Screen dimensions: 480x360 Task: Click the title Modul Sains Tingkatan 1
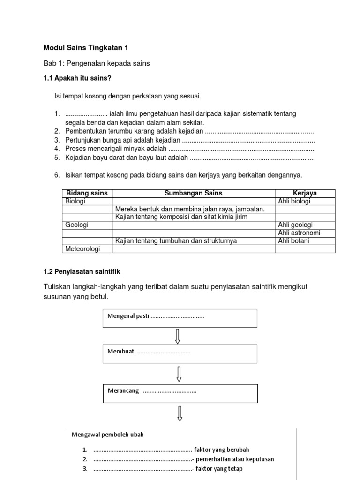pyautogui.click(x=85, y=48)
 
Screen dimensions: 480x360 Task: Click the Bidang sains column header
pyautogui.click(x=87, y=193)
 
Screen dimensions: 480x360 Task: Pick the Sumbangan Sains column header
pyautogui.click(x=193, y=193)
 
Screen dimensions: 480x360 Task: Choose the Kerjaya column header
pyautogui.click(x=305, y=193)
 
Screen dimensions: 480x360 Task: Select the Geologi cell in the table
pyautogui.click(x=76, y=225)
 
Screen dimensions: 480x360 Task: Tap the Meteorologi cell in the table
pyautogui.click(x=82, y=249)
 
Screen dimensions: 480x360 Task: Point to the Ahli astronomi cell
pyautogui.click(x=299, y=233)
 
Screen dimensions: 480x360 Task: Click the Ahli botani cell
pyautogui.click(x=294, y=241)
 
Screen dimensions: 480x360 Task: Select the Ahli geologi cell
pyautogui.click(x=295, y=225)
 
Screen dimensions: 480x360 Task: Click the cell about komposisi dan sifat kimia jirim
pyautogui.click(x=181, y=217)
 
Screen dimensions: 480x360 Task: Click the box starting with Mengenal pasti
pyautogui.click(x=180, y=318)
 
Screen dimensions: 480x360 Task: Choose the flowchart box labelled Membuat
pyautogui.click(x=180, y=353)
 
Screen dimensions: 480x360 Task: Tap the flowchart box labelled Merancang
pyautogui.click(x=180, y=393)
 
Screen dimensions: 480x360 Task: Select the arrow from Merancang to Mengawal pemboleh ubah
pyautogui.click(x=180, y=414)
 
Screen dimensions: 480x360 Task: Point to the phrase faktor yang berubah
pyautogui.click(x=222, y=450)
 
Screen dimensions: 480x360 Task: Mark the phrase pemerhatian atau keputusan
pyautogui.click(x=235, y=459)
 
